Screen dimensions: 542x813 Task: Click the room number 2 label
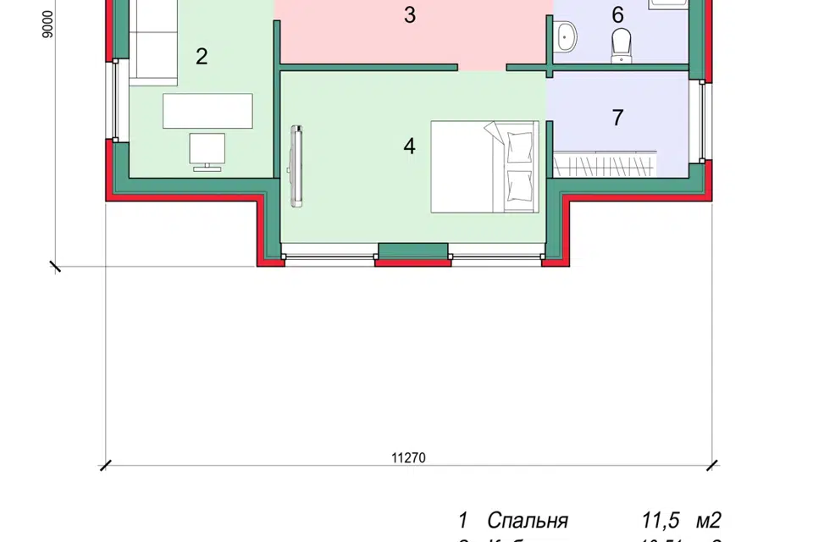point(201,57)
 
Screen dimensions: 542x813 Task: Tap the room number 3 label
point(410,15)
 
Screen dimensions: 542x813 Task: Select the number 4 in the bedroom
point(410,147)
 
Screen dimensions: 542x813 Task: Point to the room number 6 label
point(617,14)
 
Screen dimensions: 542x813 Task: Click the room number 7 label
point(617,118)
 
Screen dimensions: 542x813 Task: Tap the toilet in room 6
point(622,44)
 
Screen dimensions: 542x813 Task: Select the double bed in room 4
point(484,166)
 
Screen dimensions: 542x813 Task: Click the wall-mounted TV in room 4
point(296,166)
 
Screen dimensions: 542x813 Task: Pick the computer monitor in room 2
point(207,149)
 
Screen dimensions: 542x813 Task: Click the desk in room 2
point(207,110)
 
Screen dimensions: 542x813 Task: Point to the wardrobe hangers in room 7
point(606,163)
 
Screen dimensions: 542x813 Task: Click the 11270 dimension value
point(408,458)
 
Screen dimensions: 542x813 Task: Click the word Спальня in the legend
point(528,520)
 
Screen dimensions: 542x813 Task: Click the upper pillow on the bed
point(518,145)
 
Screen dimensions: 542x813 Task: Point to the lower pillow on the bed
point(518,185)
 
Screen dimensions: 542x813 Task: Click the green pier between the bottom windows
point(412,251)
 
